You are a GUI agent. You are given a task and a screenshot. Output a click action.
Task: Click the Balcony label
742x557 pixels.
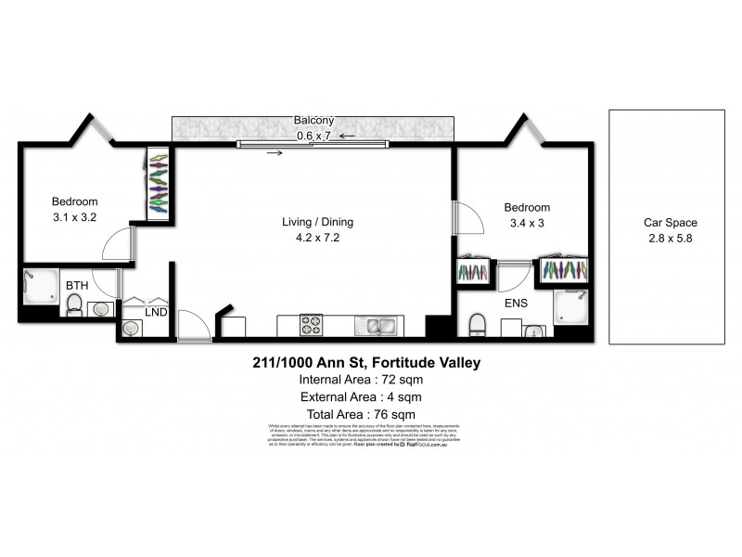click(313, 121)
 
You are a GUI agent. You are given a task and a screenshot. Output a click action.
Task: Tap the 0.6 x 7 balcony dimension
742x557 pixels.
click(313, 136)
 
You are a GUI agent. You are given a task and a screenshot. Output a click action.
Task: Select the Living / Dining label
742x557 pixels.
click(318, 222)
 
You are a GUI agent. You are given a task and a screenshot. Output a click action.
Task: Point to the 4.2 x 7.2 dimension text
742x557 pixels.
click(318, 238)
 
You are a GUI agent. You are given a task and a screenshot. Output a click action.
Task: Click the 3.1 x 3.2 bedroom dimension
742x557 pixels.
click(74, 217)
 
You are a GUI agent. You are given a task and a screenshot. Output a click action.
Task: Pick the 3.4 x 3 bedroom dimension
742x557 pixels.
click(527, 224)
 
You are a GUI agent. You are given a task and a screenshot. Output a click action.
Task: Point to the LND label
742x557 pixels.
click(156, 313)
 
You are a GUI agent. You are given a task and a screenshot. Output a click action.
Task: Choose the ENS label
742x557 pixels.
click(517, 303)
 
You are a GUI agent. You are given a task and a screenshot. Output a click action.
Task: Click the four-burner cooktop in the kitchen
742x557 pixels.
click(310, 326)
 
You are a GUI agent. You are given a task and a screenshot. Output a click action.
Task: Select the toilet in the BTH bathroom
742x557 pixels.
click(75, 305)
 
